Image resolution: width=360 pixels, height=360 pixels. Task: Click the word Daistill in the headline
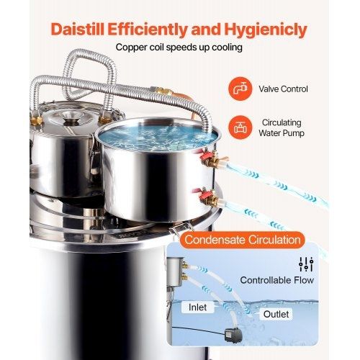pyautogui.click(x=78, y=30)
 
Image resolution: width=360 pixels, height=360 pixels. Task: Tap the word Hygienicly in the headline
pyautogui.click(x=266, y=30)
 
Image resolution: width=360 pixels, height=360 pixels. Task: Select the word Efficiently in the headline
pyautogui.click(x=147, y=30)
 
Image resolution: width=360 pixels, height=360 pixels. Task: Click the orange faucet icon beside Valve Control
pyautogui.click(x=240, y=89)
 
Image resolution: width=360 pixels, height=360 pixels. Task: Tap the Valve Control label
pyautogui.click(x=283, y=89)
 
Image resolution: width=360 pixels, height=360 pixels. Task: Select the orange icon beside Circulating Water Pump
pyautogui.click(x=240, y=127)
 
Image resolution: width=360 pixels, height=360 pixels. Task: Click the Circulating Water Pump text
pyautogui.click(x=282, y=127)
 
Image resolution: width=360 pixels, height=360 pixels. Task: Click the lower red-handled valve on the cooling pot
pyautogui.click(x=207, y=197)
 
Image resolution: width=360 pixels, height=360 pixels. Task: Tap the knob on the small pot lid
pyautogui.click(x=71, y=120)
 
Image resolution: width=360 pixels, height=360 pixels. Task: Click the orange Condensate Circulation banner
pyautogui.click(x=243, y=240)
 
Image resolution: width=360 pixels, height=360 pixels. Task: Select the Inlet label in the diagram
pyautogui.click(x=197, y=307)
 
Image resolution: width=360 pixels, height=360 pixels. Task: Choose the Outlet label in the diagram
pyautogui.click(x=276, y=314)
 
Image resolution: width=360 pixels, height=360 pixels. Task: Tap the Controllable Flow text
pyautogui.click(x=277, y=280)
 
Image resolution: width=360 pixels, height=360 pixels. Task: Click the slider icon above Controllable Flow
pyautogui.click(x=306, y=264)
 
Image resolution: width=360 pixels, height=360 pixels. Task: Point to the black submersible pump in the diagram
pyautogui.click(x=233, y=335)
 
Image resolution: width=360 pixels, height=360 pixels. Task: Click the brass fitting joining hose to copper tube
pyautogui.click(x=163, y=91)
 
